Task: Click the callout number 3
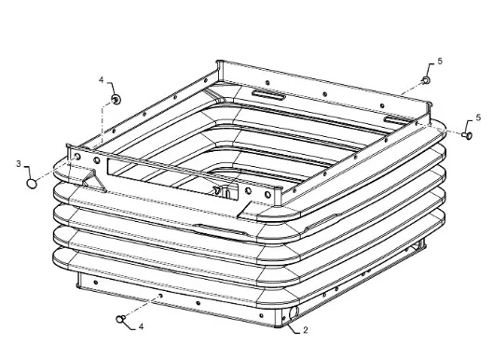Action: tap(19, 164)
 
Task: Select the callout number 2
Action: tap(306, 330)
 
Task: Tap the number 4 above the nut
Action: tap(102, 79)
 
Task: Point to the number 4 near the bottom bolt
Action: tap(141, 326)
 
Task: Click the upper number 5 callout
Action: tap(440, 62)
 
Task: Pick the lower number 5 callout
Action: tap(478, 118)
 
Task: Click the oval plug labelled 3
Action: tap(32, 184)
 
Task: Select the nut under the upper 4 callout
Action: tap(116, 100)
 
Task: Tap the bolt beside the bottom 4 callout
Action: tap(121, 319)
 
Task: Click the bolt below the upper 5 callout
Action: tap(426, 80)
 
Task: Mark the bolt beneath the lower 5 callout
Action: tap(467, 135)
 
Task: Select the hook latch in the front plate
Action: tap(217, 190)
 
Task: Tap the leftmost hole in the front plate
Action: tap(77, 157)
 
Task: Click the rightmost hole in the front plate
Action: tap(267, 195)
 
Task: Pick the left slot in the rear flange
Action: tap(268, 95)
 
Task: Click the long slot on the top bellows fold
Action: tap(219, 229)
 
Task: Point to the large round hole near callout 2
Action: tap(294, 312)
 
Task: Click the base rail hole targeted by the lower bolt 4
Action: tap(160, 296)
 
